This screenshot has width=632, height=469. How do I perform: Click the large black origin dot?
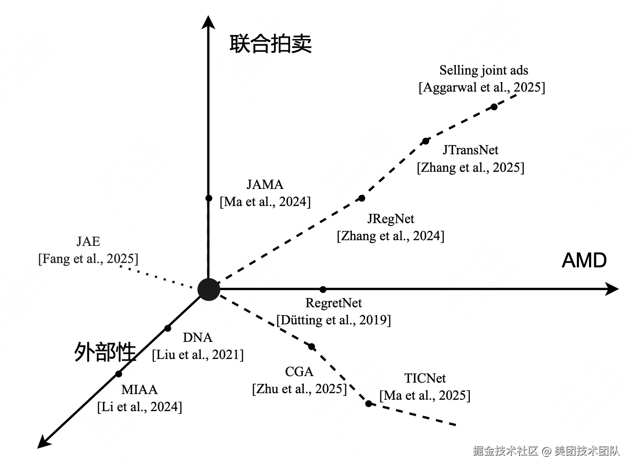(x=209, y=289)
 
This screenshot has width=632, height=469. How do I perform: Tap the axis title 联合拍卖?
(x=270, y=43)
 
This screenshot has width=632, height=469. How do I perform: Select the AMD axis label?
(x=584, y=260)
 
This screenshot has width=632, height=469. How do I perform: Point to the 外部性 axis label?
(x=105, y=352)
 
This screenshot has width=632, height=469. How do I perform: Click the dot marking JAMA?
(x=209, y=198)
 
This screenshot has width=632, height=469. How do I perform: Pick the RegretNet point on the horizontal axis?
(x=323, y=289)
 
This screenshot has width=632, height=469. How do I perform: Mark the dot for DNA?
(x=168, y=329)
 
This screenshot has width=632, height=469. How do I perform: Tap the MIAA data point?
(x=119, y=374)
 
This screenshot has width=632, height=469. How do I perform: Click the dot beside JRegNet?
(x=362, y=198)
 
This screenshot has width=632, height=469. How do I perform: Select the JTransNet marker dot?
(x=426, y=141)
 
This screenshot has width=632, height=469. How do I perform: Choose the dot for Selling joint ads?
(x=494, y=107)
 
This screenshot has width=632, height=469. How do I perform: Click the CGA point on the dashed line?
(x=312, y=347)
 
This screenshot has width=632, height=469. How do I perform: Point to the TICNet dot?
(x=369, y=403)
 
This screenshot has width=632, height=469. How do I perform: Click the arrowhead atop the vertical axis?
(x=208, y=22)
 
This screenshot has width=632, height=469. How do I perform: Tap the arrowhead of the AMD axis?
(x=612, y=289)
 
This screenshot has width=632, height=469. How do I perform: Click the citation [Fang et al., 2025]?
(x=89, y=259)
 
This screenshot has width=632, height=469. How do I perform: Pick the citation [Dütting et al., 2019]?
(x=334, y=320)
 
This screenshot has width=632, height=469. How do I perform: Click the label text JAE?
(x=89, y=242)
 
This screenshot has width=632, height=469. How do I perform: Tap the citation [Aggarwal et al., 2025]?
(x=482, y=88)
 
